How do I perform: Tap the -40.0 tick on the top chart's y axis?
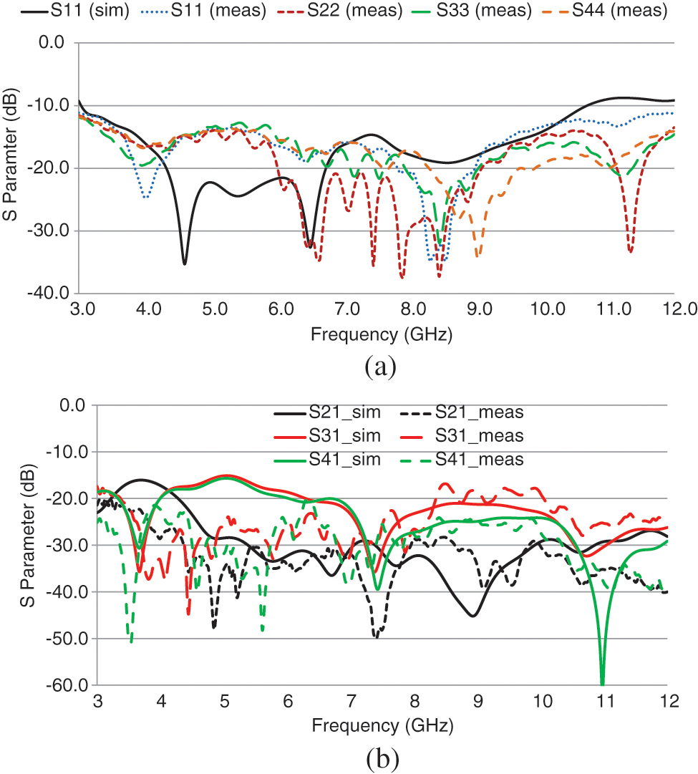coord(47,294)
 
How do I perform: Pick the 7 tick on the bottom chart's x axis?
coord(352,700)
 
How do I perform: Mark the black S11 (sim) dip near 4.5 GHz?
coord(185,263)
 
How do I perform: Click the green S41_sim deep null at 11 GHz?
coord(602,684)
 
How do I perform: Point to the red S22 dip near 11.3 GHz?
coord(630,251)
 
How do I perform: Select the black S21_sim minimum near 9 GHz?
coord(473,615)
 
